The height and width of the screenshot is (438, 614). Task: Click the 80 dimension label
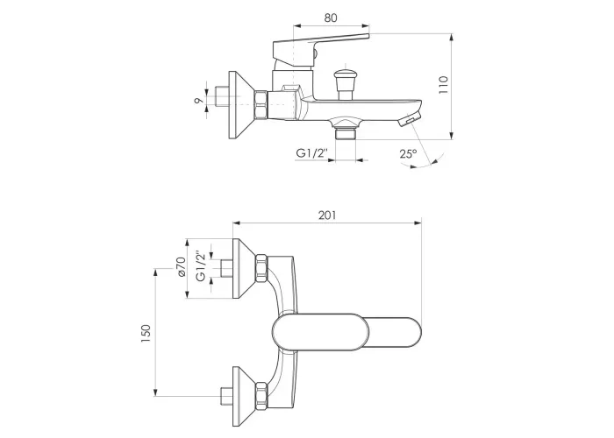click(331, 18)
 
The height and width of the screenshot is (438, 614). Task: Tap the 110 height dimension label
click(443, 85)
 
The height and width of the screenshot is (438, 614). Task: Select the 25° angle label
click(408, 153)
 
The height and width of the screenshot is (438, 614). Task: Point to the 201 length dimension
click(327, 215)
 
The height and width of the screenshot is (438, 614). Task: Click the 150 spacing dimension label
click(146, 334)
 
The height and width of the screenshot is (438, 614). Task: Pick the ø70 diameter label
click(181, 267)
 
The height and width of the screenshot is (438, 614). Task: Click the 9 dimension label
click(199, 101)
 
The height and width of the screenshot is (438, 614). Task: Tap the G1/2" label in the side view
click(311, 153)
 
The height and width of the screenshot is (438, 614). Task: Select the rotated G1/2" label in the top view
click(201, 266)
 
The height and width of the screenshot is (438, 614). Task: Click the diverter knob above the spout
click(345, 83)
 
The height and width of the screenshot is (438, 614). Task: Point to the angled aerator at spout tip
click(409, 117)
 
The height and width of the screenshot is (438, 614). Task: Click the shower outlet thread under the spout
click(345, 134)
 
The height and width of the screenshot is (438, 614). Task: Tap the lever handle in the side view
click(320, 46)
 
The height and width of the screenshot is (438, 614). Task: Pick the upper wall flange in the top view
click(244, 268)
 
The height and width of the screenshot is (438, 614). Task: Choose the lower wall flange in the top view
click(244, 396)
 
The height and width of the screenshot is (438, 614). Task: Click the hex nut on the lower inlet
click(261, 396)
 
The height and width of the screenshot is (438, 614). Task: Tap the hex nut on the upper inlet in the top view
click(261, 268)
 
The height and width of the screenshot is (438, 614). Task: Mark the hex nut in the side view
click(261, 105)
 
